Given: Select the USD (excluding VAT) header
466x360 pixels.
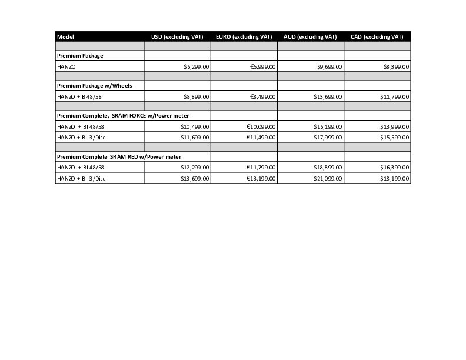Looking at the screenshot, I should pyautogui.click(x=177, y=37).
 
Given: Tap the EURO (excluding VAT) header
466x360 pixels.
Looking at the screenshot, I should pyautogui.click(x=244, y=37).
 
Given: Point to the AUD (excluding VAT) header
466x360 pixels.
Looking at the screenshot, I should pyautogui.click(x=310, y=37).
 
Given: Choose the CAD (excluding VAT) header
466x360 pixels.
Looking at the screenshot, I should pyautogui.click(x=377, y=37).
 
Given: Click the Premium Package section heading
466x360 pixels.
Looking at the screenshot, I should pyautogui.click(x=80, y=56).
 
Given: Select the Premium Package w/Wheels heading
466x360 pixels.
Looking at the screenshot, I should pyautogui.click(x=94, y=86).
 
